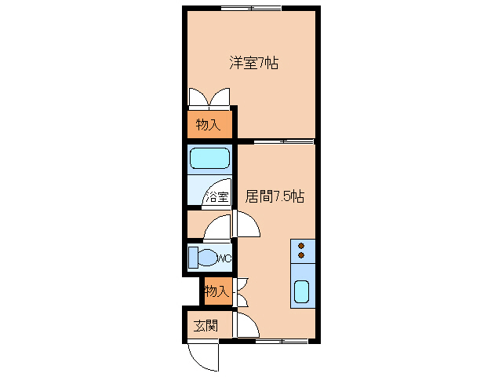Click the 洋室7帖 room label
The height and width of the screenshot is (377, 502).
pos(253,63)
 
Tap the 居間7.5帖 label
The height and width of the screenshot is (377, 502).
pos(275,197)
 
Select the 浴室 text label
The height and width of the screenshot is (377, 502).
pos(216,197)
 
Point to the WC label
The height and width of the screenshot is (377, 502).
pos(223,258)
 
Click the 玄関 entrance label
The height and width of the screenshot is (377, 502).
pos(206,325)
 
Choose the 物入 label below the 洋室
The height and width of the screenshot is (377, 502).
pos(209,125)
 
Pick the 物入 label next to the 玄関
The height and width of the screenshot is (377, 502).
pos(216,291)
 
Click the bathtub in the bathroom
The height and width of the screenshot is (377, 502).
pos(209,158)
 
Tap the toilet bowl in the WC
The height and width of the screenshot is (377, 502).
pos(206,258)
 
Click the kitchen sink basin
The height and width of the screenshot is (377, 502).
pos(301,291)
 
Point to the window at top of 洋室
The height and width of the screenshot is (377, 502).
pos(251,9)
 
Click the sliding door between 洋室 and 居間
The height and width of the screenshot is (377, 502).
pos(284,141)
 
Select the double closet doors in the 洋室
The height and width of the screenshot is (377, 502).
pos(209,98)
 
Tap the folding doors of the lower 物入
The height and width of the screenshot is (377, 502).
pos(241,291)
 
